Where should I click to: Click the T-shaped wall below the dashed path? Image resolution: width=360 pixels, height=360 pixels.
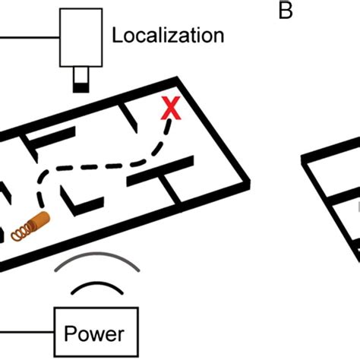pyautogui.click(x=156, y=180)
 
